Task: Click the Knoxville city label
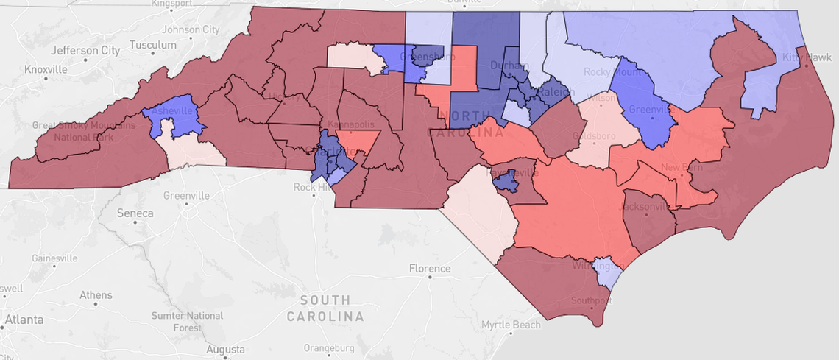(45, 69)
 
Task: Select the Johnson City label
(191, 29)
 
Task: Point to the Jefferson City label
(86, 51)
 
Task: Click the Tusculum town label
(153, 45)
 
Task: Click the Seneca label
(135, 213)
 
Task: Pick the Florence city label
(429, 269)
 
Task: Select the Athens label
(96, 295)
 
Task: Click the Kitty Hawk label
(807, 57)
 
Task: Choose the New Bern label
(681, 168)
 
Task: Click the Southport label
(591, 300)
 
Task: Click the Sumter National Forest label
(187, 321)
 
